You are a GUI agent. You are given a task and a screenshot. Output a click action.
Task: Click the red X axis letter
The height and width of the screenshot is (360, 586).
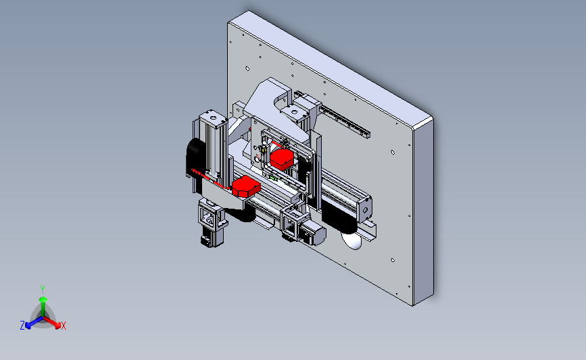click(x=63, y=326)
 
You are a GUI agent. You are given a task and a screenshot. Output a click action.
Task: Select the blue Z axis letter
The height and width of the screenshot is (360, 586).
click(x=22, y=326)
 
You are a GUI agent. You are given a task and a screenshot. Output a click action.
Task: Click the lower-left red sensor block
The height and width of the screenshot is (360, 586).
click(x=246, y=186)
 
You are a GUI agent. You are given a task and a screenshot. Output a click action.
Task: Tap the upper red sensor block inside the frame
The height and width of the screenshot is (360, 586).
click(x=282, y=159)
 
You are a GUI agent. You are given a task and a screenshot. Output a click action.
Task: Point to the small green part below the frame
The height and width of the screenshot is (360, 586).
click(x=274, y=178)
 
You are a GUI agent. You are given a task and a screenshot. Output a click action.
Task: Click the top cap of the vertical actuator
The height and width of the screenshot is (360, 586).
click(x=213, y=118)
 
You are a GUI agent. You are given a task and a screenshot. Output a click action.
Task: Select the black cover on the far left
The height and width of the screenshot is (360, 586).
click(x=195, y=157)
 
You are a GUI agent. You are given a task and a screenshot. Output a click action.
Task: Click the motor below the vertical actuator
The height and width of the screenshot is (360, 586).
click(x=210, y=238)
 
